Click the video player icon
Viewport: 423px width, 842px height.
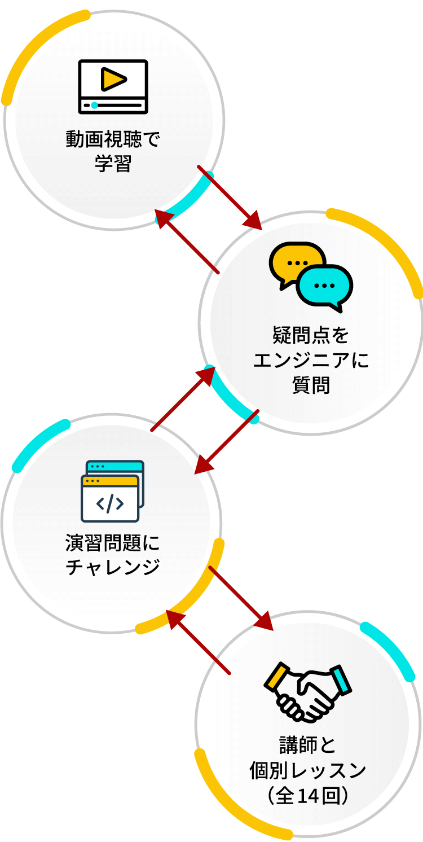click(113, 87)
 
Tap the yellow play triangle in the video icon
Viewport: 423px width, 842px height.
click(113, 79)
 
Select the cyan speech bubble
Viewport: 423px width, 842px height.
click(325, 286)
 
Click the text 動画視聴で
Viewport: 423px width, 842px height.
click(113, 139)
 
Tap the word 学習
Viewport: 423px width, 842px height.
click(113, 164)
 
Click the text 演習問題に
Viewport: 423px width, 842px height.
click(113, 543)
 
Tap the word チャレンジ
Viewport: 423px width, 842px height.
click(113, 567)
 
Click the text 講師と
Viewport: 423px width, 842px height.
click(308, 745)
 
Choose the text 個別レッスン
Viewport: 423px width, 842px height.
click(308, 770)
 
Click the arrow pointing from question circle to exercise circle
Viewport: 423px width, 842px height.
click(227, 442)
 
